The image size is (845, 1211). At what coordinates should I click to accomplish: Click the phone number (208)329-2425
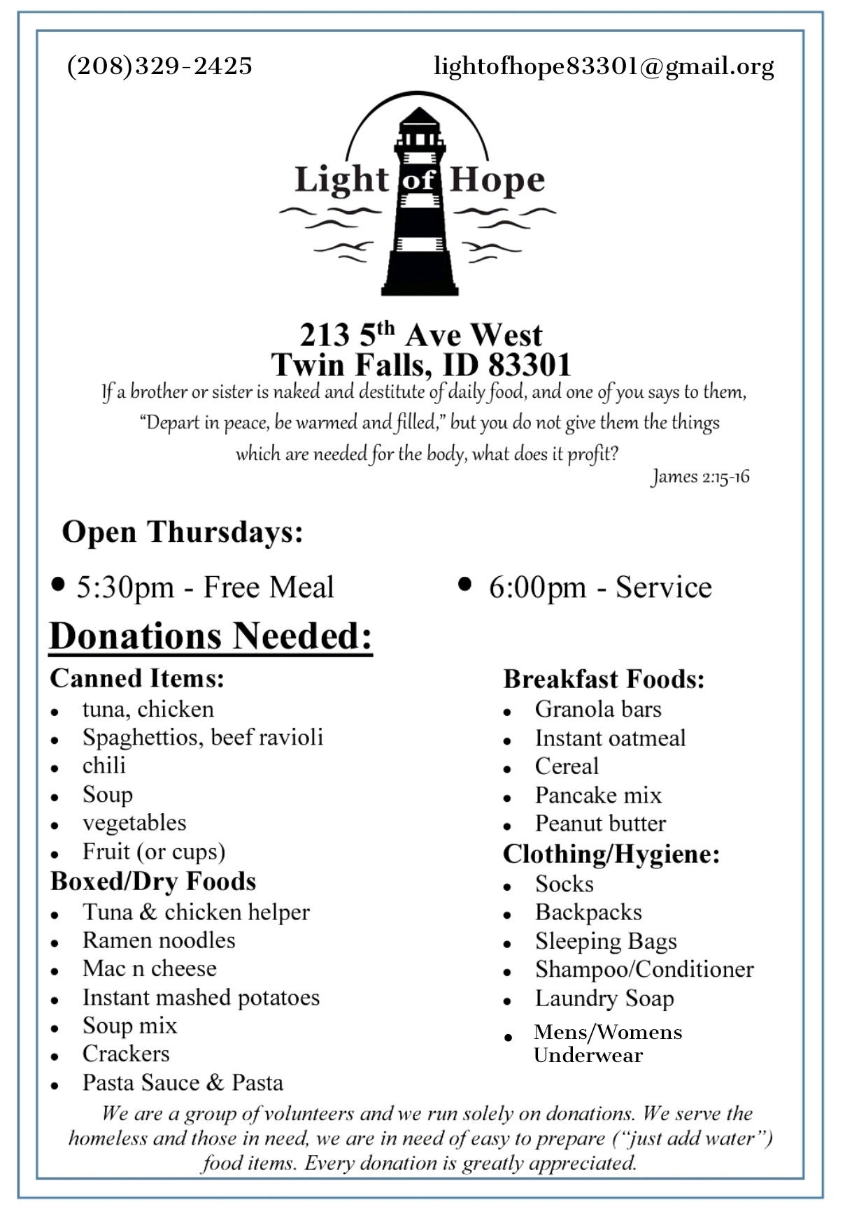(159, 66)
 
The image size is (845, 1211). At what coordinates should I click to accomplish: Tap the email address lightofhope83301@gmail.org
(604, 66)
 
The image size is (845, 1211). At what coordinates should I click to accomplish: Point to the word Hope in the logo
(497, 180)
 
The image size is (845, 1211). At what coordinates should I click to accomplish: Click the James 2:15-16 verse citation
(700, 477)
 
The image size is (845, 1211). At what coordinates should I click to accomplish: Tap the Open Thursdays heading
(183, 532)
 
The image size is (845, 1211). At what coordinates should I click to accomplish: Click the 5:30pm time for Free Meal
(125, 587)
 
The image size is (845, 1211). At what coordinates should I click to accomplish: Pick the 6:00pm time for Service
(537, 587)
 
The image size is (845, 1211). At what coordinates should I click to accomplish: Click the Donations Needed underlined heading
(211, 636)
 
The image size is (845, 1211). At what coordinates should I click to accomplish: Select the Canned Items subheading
(137, 678)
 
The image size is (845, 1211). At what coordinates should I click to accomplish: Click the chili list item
(104, 766)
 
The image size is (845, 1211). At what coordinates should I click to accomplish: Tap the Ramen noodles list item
(159, 940)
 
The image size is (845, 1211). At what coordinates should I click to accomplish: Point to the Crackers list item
(126, 1054)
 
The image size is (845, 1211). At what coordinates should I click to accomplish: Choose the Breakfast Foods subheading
(604, 679)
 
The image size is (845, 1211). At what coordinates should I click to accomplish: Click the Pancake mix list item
(598, 795)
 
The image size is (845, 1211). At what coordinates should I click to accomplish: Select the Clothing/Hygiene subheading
(611, 854)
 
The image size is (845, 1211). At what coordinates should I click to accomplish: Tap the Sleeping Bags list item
(606, 941)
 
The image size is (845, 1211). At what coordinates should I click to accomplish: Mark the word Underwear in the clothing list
(588, 1055)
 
